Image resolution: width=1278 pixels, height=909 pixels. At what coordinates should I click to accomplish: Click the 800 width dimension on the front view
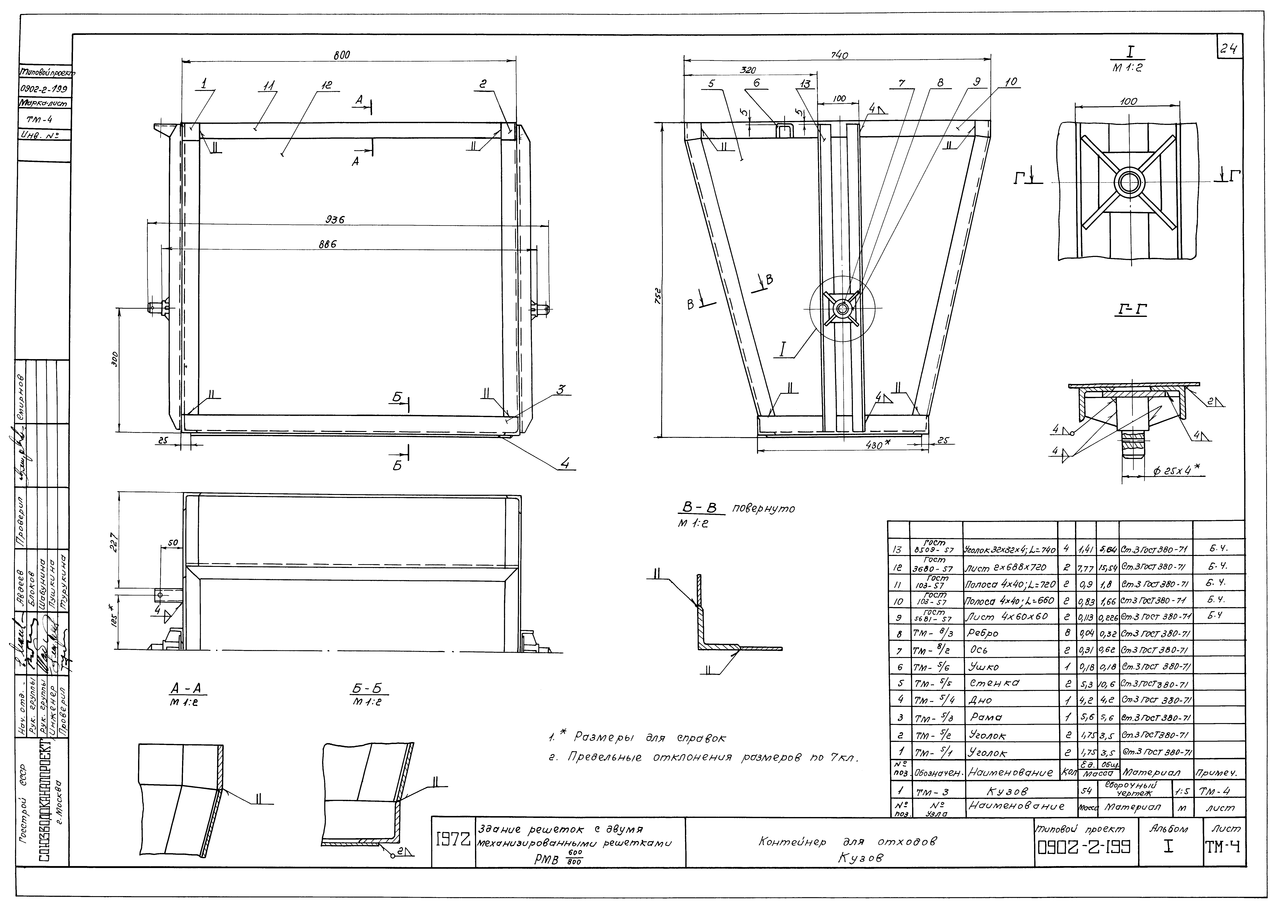[x=342, y=55]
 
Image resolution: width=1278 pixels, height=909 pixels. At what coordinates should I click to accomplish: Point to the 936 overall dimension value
[x=334, y=220]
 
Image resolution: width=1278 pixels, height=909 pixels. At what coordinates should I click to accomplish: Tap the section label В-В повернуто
[x=733, y=509]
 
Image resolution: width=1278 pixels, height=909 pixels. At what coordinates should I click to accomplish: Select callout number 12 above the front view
[x=326, y=85]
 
